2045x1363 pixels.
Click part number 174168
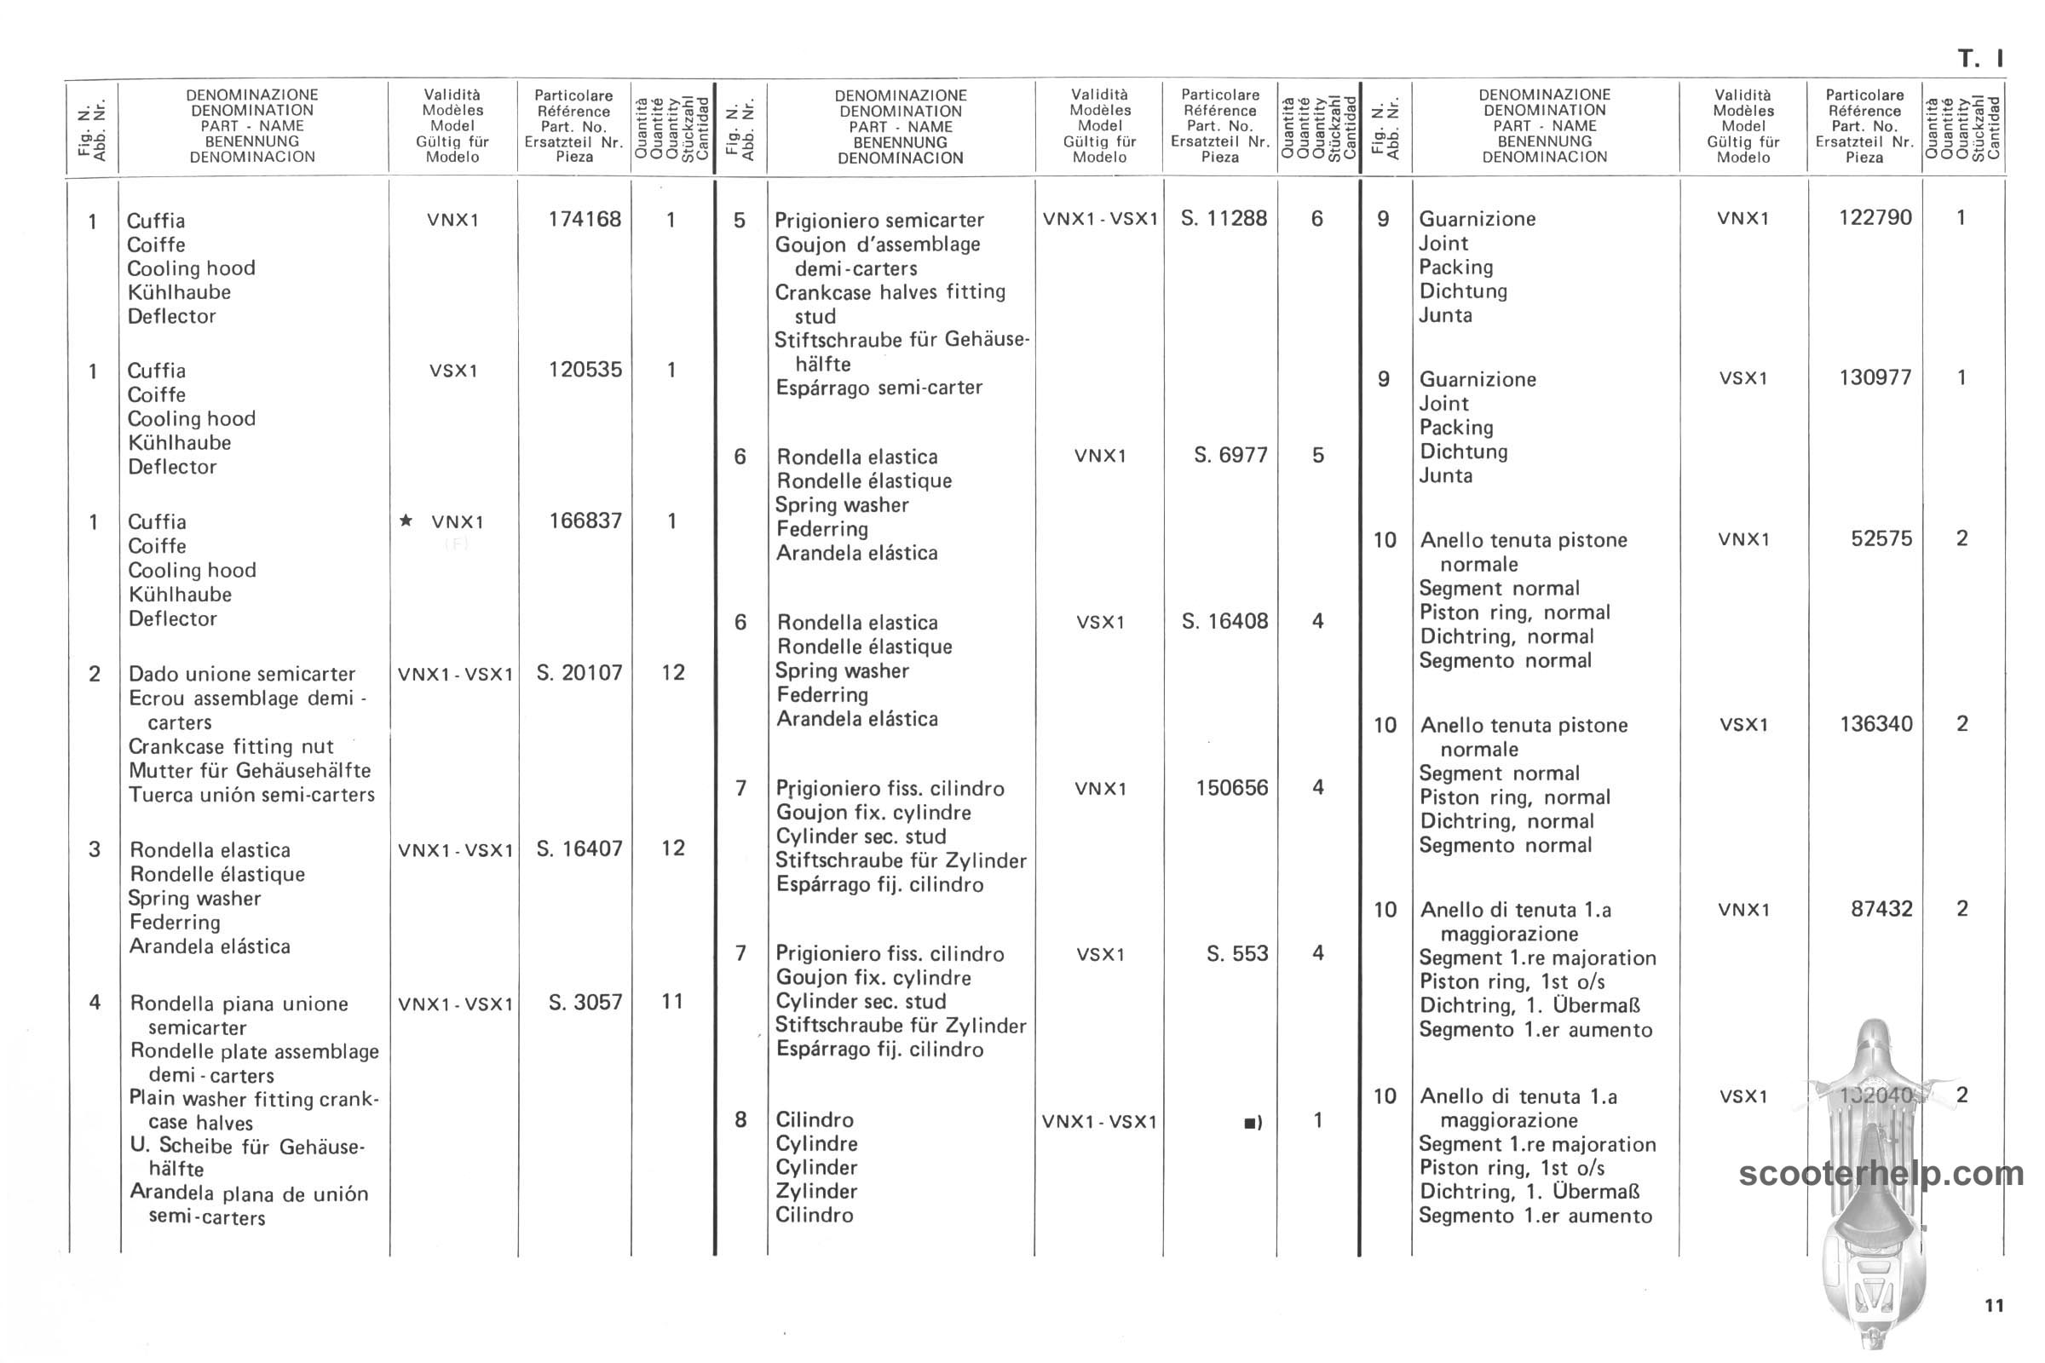pos(585,219)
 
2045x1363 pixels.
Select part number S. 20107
pos(579,673)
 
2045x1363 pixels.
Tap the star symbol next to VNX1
pos(406,520)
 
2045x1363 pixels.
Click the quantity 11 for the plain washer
pos(672,1002)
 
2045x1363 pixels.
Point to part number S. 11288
pos(1224,218)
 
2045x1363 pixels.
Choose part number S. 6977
pos(1230,455)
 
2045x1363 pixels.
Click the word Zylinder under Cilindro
pos(816,1191)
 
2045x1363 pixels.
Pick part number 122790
pos(1875,217)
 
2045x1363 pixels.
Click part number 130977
pos(1875,377)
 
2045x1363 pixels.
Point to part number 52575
pos(1881,538)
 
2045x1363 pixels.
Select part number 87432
pos(1881,909)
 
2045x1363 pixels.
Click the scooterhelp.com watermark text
pos(1881,1174)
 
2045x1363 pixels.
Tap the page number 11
pos(1994,1306)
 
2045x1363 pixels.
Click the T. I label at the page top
pos(1979,59)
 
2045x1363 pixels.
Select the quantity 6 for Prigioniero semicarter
pos(1316,218)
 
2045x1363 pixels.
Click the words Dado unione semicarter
pos(242,674)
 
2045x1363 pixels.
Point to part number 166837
pos(585,520)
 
